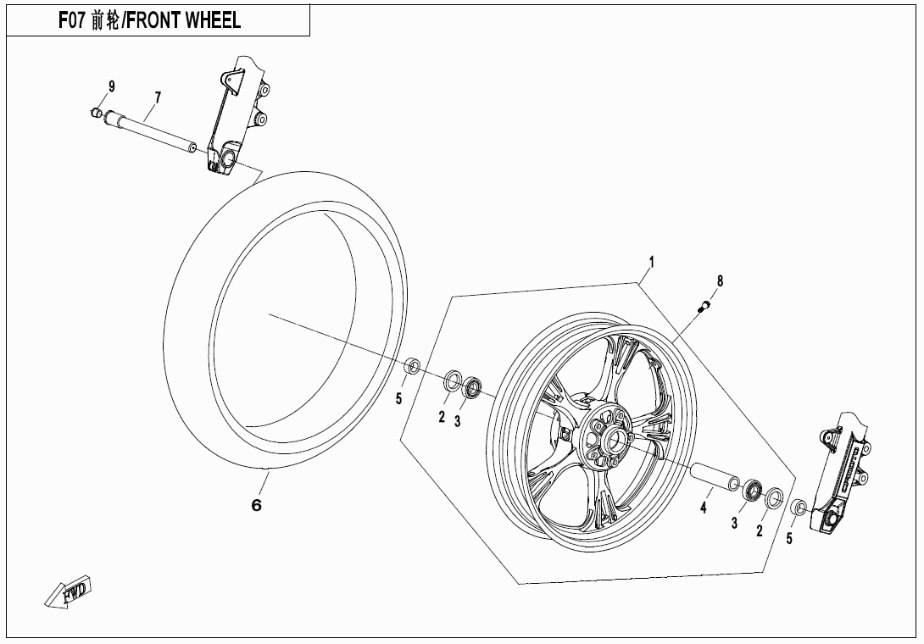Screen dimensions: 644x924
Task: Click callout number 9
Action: point(111,86)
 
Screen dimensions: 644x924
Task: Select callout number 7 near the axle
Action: point(157,97)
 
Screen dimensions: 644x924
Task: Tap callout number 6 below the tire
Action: point(256,506)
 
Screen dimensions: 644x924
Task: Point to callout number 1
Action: point(651,261)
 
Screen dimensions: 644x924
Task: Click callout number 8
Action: point(720,280)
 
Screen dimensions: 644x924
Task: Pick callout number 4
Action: point(703,508)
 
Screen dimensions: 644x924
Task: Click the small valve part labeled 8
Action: point(702,308)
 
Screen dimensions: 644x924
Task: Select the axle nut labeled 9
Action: point(97,113)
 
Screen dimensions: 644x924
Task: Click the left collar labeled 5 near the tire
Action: point(412,366)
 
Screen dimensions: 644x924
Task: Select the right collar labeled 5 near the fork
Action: point(798,508)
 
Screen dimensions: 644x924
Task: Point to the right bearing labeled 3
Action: point(751,491)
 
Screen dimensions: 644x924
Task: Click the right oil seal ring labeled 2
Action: point(773,499)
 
